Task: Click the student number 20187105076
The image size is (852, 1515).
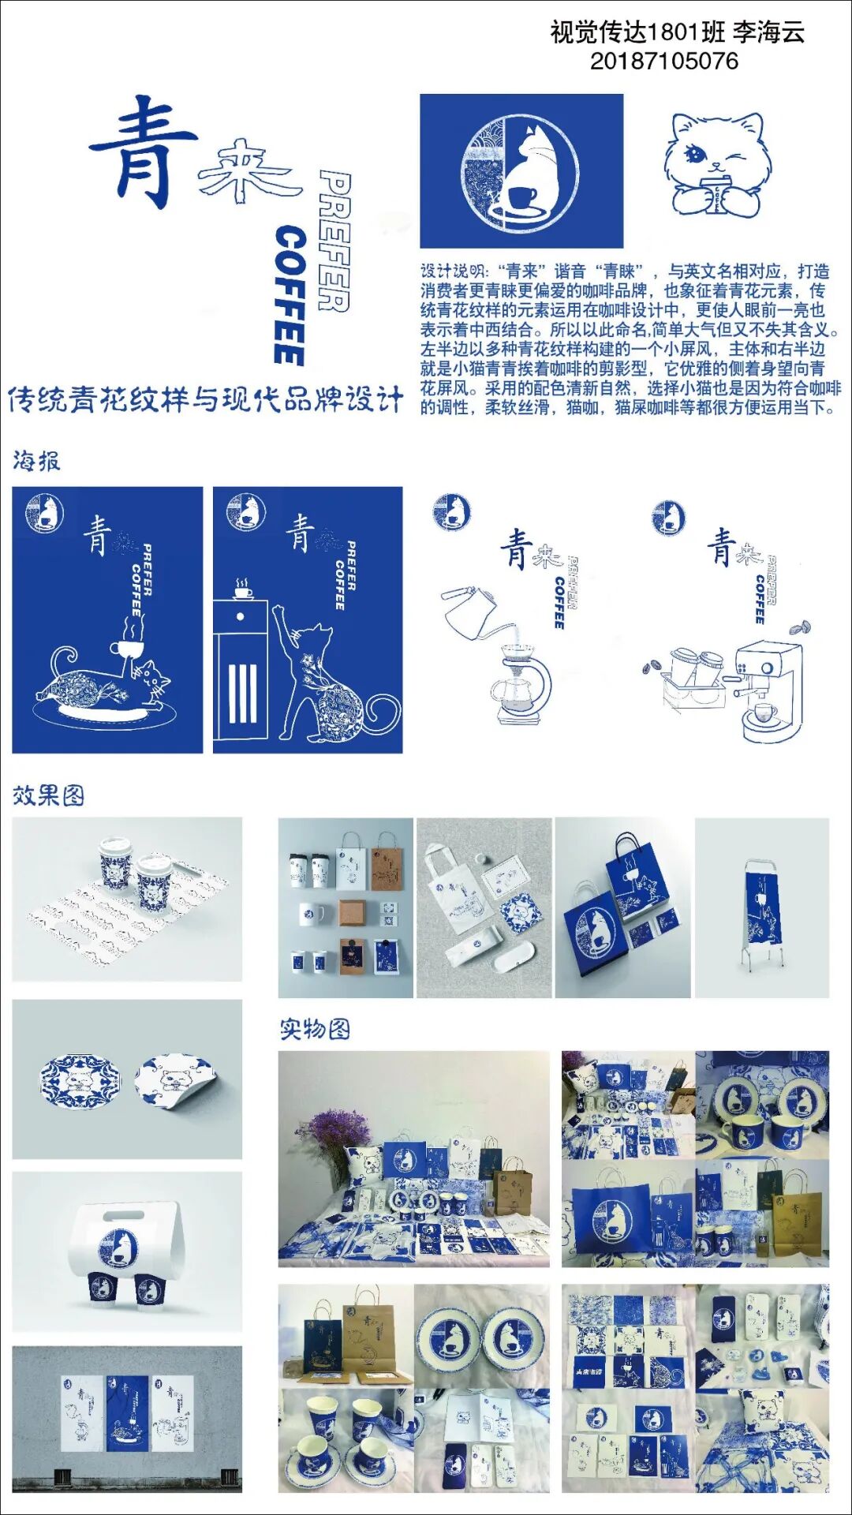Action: tap(664, 62)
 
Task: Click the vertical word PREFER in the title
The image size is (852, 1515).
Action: tap(334, 241)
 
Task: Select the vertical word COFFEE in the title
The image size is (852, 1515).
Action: tap(290, 296)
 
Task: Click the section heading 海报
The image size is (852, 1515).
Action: tap(36, 461)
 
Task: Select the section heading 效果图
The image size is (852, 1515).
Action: tap(48, 795)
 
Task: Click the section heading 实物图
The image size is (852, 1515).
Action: tap(315, 1029)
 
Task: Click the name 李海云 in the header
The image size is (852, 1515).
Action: tap(768, 32)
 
